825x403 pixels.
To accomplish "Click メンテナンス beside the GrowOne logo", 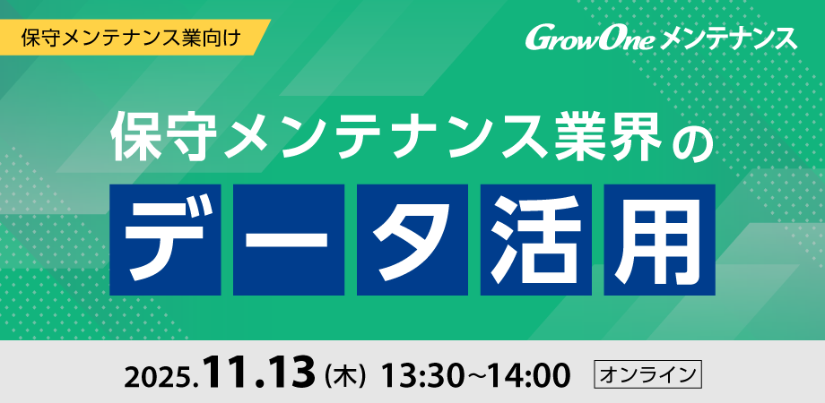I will point(727,39).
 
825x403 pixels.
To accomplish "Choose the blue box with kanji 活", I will point(536,239).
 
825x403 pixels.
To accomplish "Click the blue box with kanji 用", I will point(660,239).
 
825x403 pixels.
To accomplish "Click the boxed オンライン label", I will point(647,373).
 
